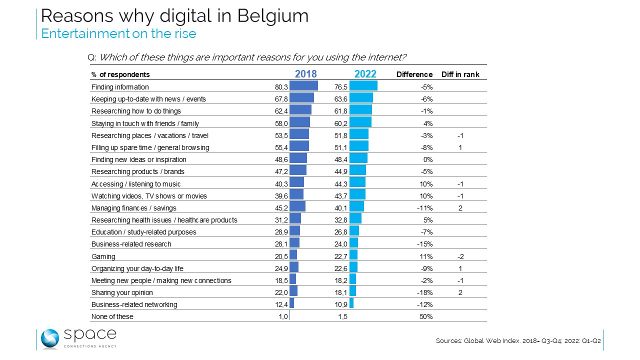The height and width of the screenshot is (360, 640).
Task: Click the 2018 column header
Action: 306,74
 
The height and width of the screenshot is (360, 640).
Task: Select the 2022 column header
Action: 365,74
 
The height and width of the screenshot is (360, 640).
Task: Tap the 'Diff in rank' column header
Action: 460,74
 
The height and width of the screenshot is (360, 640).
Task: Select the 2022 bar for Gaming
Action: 353,256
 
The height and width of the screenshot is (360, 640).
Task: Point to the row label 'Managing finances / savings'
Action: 133,208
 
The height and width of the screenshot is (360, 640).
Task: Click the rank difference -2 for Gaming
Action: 461,256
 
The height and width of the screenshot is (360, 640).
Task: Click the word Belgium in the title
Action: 273,16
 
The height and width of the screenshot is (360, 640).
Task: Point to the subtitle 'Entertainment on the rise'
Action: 118,33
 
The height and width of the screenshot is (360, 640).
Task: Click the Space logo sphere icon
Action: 50,339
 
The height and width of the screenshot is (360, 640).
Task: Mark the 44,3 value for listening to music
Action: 340,184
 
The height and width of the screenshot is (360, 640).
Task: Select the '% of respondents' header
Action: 120,74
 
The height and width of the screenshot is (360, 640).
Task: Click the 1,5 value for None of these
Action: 342,316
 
